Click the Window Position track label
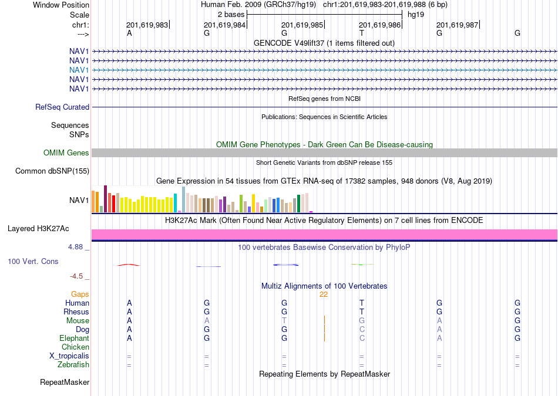pos(61,5)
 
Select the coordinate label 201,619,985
pos(302,25)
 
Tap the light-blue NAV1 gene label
pos(79,70)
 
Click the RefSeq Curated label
pos(62,107)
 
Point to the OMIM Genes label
pos(66,153)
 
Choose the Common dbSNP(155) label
pos(52,171)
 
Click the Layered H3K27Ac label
pos(38,229)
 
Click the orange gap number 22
pos(324,295)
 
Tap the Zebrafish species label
pos(73,365)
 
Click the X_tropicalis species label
pos(69,356)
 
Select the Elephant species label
pos(75,338)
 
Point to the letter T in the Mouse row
pos(284,321)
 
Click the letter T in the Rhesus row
pos(362,312)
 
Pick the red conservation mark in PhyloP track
pos(129,265)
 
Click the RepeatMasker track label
pos(65,383)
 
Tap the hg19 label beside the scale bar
pos(416,15)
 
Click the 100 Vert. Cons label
pos(33,262)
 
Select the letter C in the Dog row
pos(362,330)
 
